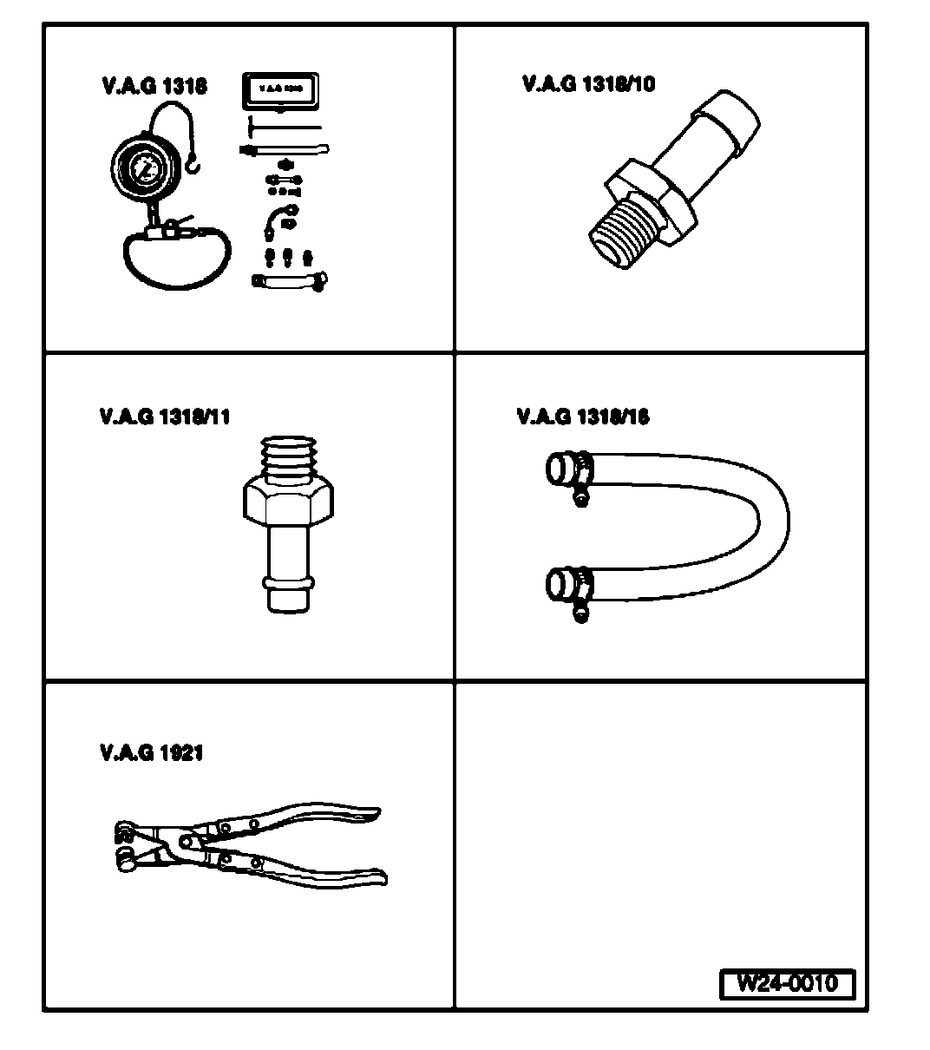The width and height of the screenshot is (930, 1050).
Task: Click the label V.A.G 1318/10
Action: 588,84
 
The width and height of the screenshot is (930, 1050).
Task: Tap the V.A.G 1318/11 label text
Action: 165,417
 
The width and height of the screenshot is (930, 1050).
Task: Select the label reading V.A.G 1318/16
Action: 582,417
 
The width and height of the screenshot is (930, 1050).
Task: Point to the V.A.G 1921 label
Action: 151,752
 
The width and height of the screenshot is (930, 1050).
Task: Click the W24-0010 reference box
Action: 787,984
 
